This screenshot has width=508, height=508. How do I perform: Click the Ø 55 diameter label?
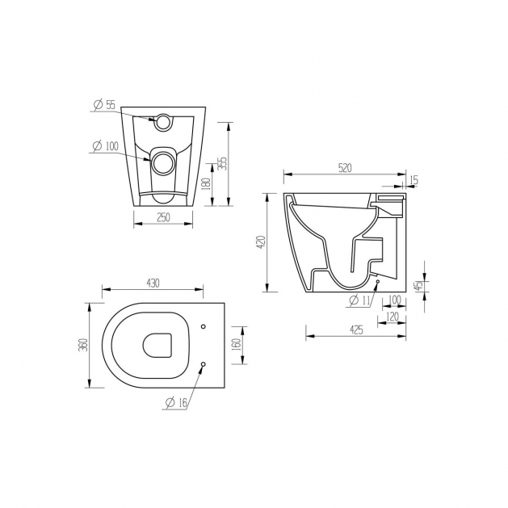104,105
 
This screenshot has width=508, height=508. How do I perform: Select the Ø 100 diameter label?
105,146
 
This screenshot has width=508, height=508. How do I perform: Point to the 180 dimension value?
207,184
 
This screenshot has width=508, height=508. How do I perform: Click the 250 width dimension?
163,217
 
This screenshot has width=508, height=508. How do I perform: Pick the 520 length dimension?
345,168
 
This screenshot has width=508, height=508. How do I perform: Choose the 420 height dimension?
262,242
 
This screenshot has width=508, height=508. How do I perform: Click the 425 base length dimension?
356,330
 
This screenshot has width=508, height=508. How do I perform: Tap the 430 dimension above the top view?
153,283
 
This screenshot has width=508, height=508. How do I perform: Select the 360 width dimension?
84,345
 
